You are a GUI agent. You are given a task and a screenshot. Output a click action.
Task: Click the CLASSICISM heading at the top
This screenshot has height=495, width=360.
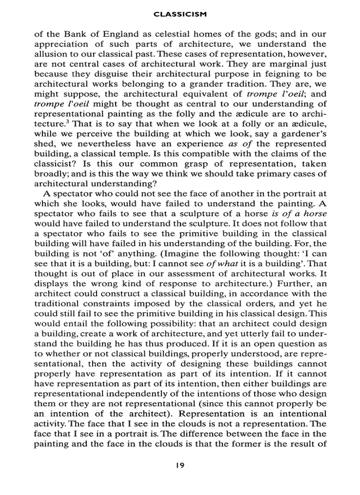(x=180, y=15)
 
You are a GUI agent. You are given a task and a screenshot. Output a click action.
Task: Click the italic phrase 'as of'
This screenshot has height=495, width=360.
(x=243, y=144)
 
